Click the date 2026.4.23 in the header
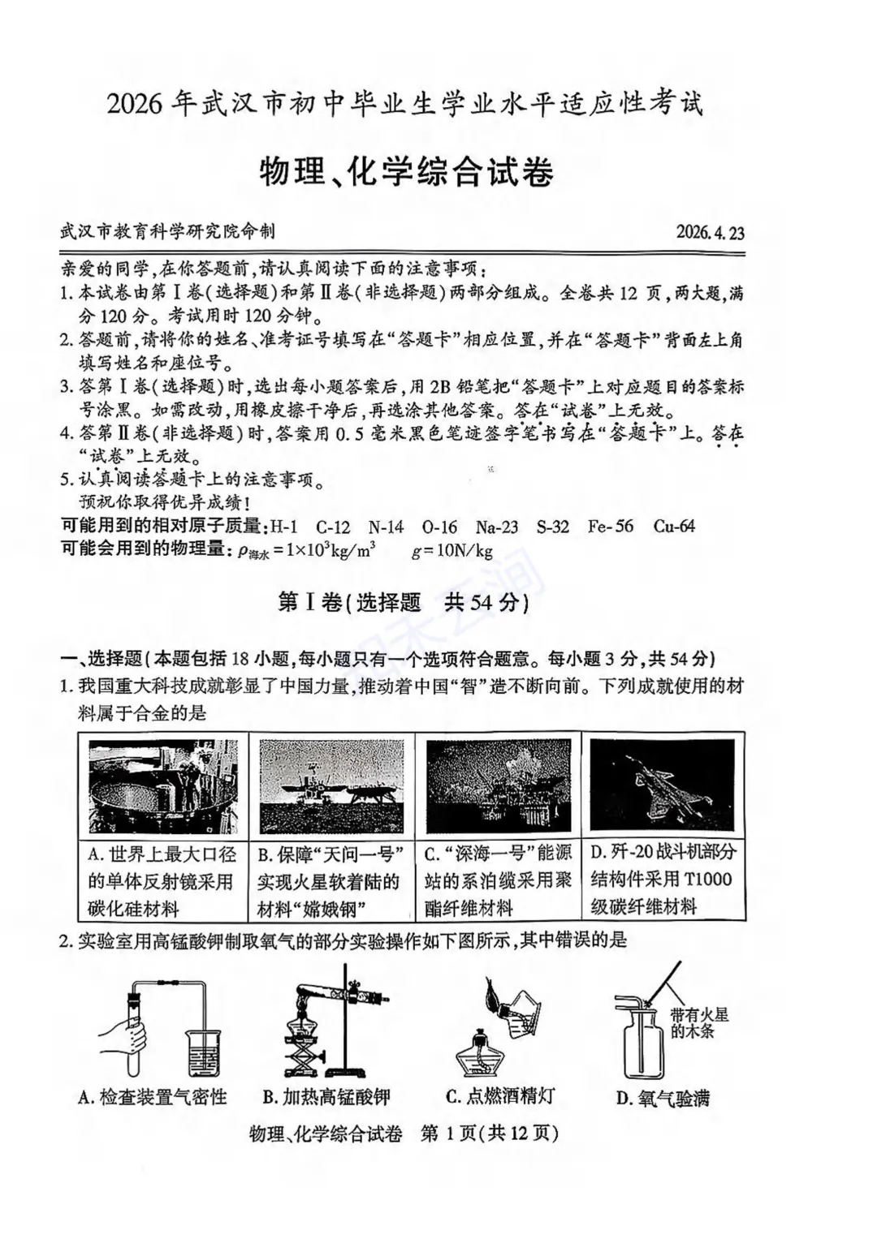coord(710,233)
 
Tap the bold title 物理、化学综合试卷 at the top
coord(406,172)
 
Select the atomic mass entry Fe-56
coord(610,527)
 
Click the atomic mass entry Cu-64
coord(674,527)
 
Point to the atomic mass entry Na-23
coord(496,527)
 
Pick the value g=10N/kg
coord(452,552)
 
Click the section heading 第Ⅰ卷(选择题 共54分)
coord(404,603)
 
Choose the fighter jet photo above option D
coord(662,785)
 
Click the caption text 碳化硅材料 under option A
coord(133,909)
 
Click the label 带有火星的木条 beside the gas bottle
coord(699,1022)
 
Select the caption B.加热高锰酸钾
coord(326,1098)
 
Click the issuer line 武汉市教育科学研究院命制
coord(167,231)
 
